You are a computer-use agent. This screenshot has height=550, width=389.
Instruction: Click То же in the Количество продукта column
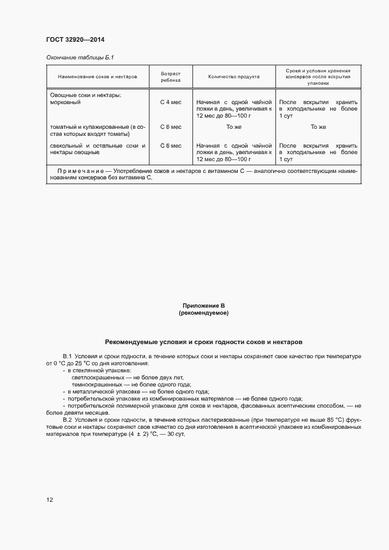(x=234, y=127)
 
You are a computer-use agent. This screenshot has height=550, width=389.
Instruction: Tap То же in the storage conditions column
(x=318, y=127)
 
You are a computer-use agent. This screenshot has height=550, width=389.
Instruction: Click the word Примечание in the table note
(x=81, y=171)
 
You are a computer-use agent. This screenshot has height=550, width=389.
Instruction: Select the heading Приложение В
(x=204, y=306)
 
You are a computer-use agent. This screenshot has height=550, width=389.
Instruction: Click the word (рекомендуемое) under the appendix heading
(x=204, y=314)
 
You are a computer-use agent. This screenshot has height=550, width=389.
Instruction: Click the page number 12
(x=49, y=500)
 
